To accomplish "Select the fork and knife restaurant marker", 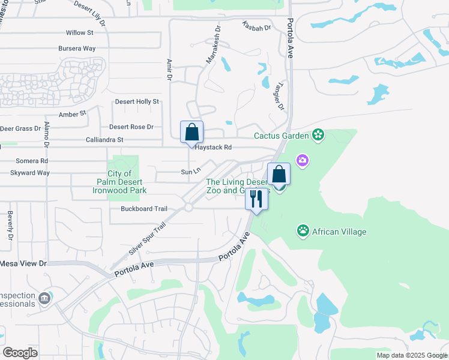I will [x=256, y=199].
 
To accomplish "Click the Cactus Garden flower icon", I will [x=318, y=136].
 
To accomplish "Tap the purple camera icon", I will [x=302, y=160].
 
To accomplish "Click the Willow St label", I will [x=80, y=32].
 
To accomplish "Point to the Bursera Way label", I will [x=77, y=48].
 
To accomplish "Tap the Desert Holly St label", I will [x=137, y=102].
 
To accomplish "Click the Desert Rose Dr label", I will [x=131, y=127].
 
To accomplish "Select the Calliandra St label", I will [x=103, y=139].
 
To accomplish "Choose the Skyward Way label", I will [x=30, y=173].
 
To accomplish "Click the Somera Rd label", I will [x=32, y=161].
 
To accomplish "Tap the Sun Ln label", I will [x=190, y=172].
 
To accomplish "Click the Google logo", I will [x=20, y=352].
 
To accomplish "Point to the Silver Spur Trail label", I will [x=146, y=239].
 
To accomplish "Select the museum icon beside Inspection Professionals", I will [x=44, y=298].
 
